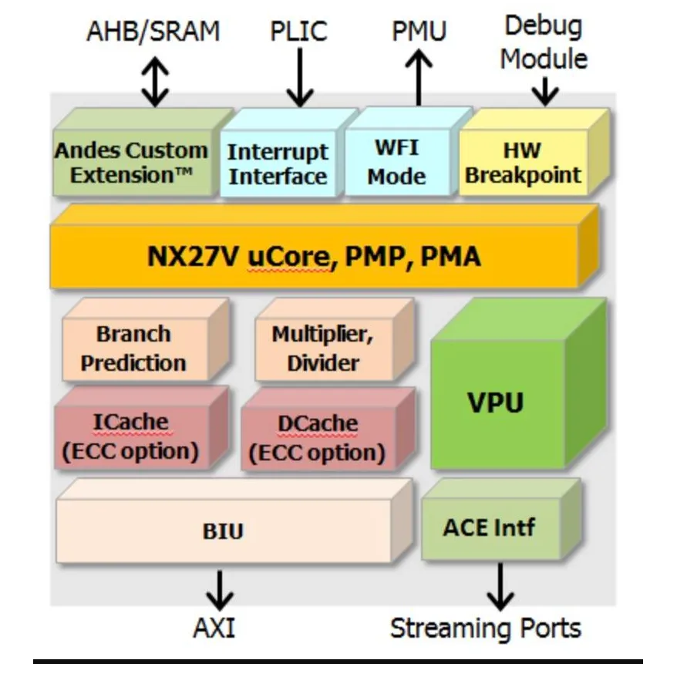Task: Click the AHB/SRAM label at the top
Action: [153, 32]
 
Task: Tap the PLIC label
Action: [298, 32]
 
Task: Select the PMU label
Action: [419, 32]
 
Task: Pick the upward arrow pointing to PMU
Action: [419, 79]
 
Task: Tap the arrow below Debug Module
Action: [544, 91]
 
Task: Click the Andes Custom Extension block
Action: [131, 162]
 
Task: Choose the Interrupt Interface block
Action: [278, 163]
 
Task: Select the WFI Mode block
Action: [396, 162]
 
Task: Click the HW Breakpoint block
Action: [523, 162]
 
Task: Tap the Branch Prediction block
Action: [134, 349]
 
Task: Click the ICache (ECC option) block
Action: [130, 436]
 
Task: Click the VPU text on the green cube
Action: [495, 403]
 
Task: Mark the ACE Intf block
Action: [489, 528]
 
